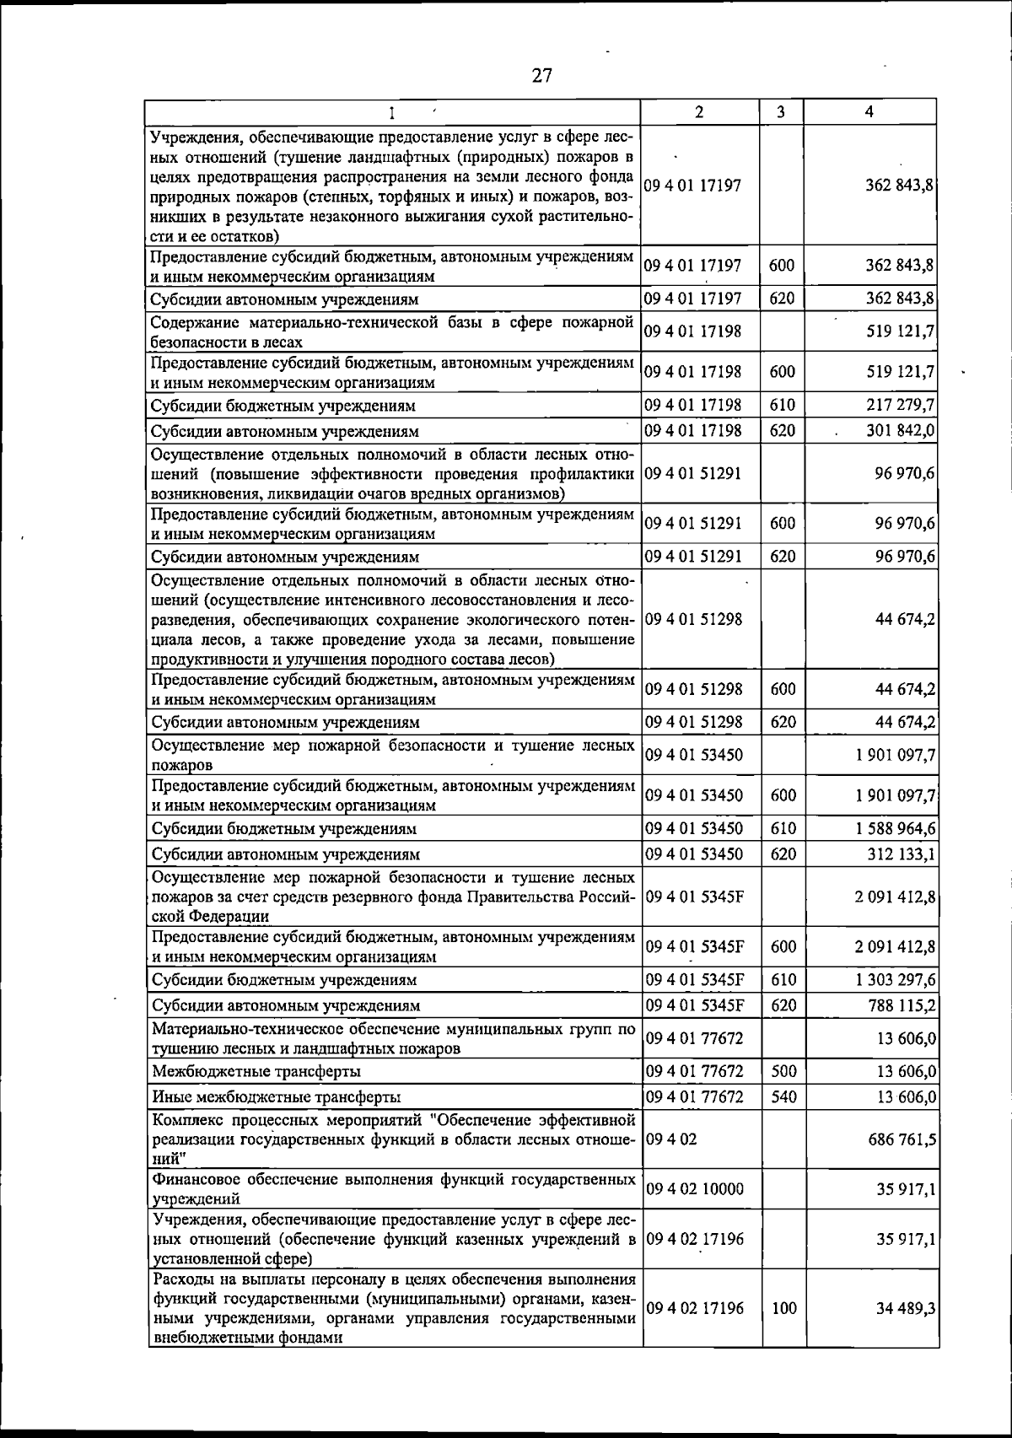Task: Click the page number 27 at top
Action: coord(541,76)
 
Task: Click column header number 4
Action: coord(869,112)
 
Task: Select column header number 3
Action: coord(781,112)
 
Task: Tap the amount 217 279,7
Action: coord(901,406)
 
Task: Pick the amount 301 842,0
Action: coord(901,431)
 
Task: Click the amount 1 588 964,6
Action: coord(895,828)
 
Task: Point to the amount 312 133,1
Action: coord(901,854)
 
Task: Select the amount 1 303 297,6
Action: coord(895,980)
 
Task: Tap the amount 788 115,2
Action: coord(901,1005)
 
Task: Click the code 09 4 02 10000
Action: coord(693,1189)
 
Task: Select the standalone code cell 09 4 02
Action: coord(671,1139)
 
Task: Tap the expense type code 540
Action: coord(783,1097)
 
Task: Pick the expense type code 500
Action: coord(783,1072)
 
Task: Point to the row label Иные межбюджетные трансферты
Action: coord(276,1097)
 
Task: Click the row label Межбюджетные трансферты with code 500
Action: coord(256,1072)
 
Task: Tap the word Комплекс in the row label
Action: coord(183,1121)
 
